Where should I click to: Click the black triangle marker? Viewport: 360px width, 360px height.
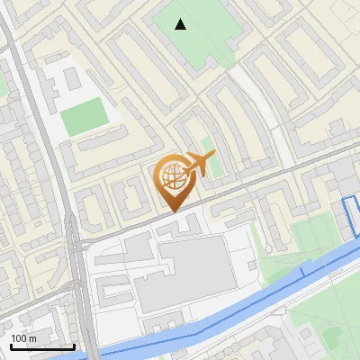(x=181, y=24)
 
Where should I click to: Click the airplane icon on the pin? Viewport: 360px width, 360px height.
(x=198, y=164)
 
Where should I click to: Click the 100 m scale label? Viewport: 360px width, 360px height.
(x=24, y=338)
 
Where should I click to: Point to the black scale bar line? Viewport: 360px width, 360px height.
(x=41, y=346)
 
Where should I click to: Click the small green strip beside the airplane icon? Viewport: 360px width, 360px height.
(x=209, y=148)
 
